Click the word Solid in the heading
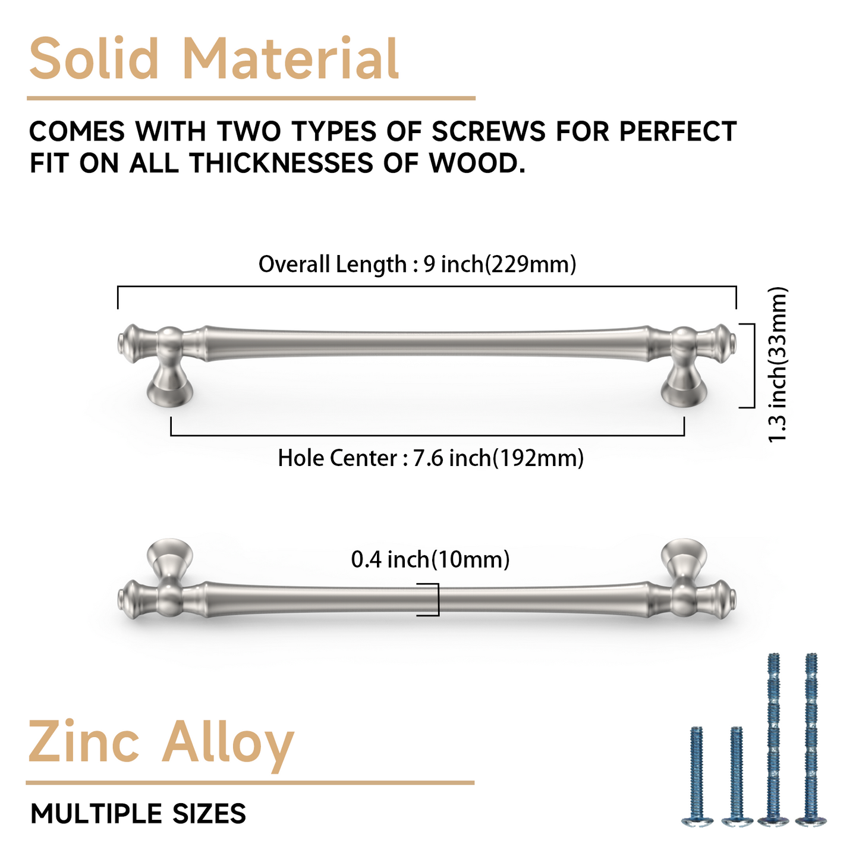(x=94, y=59)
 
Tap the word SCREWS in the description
(x=488, y=131)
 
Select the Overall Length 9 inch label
(x=417, y=264)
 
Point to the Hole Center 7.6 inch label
(x=430, y=458)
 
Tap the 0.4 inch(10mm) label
(x=430, y=559)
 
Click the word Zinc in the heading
(x=84, y=743)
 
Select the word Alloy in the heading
(x=228, y=743)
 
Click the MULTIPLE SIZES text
(x=138, y=814)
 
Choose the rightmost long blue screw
(x=811, y=740)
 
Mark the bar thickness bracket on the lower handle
(x=434, y=599)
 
